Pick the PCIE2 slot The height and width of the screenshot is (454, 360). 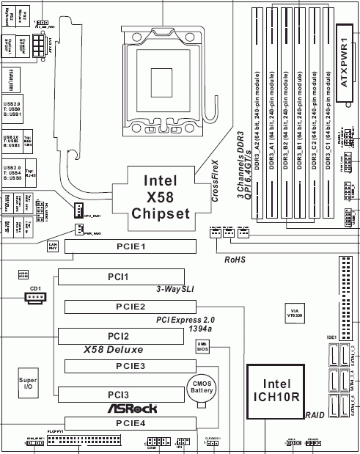pyautogui.click(x=132, y=306)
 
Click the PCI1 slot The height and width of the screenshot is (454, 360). pyautogui.click(x=117, y=277)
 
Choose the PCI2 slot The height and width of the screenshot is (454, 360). pyautogui.click(x=117, y=335)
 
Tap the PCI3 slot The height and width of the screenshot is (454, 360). pyautogui.click(x=117, y=394)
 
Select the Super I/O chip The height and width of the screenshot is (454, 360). pyautogui.click(x=28, y=384)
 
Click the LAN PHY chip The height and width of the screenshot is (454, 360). pyautogui.click(x=53, y=246)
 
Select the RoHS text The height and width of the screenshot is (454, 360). pyautogui.click(x=235, y=258)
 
